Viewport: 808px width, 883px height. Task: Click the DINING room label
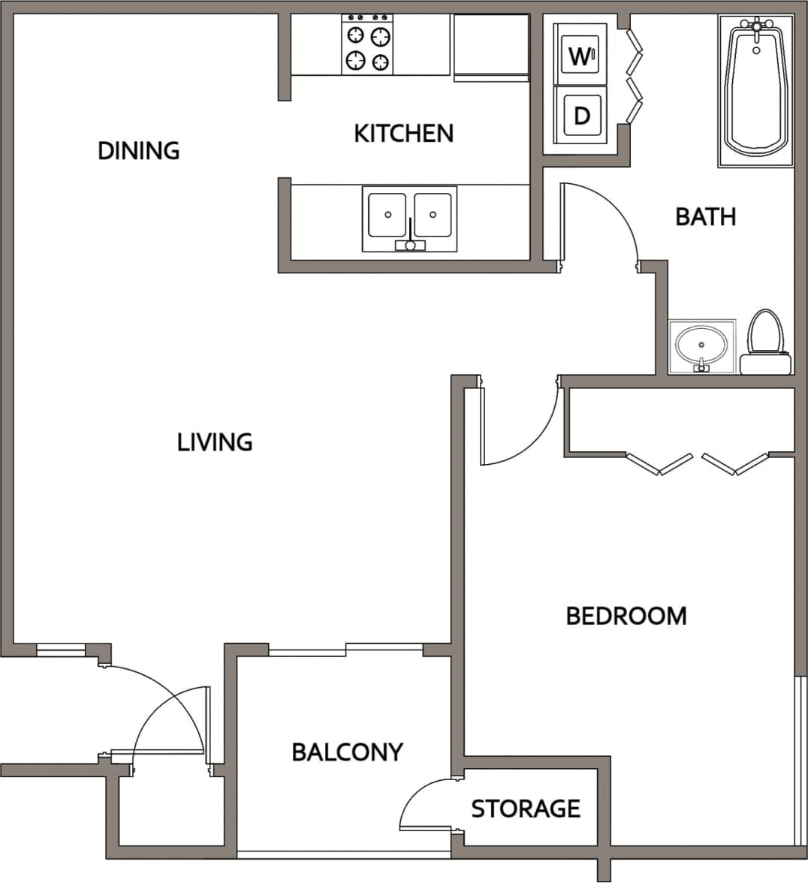coord(139,150)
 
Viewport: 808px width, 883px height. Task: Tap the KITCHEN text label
coord(404,134)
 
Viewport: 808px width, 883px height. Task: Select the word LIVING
coord(215,441)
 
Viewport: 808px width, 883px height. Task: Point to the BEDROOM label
coord(626,616)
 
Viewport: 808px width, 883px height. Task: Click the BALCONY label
coord(347,752)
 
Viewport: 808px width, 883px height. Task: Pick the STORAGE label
coord(526,809)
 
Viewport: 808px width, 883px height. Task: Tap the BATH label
coord(705,216)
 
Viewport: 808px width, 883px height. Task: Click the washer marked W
coord(580,55)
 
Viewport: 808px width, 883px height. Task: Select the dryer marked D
coord(580,115)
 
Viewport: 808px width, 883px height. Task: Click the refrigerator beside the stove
coord(491,47)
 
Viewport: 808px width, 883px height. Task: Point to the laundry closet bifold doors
coord(635,75)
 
